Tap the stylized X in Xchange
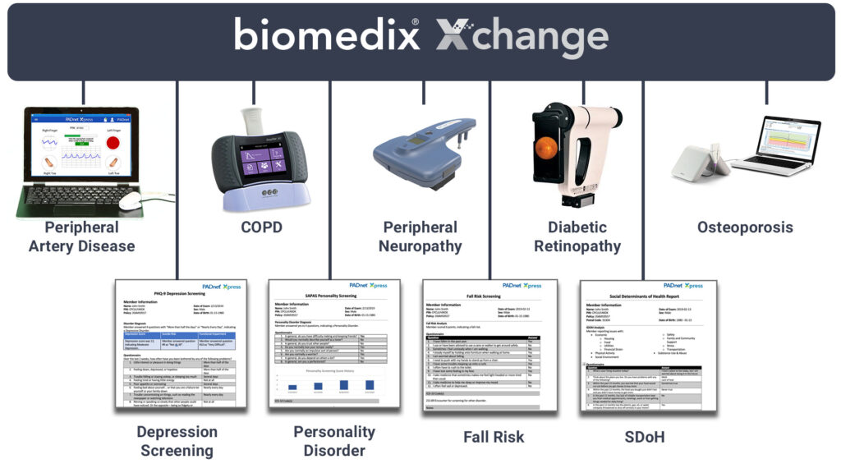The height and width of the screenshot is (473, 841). [455, 37]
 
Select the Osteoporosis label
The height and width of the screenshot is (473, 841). [745, 227]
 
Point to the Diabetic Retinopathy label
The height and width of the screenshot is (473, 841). [577, 236]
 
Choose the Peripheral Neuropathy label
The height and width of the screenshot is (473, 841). [420, 236]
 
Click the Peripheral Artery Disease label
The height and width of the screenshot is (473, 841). [82, 236]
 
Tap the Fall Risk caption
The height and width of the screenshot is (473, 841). [494, 436]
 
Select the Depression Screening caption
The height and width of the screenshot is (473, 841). [177, 441]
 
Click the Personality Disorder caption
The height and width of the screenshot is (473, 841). [334, 441]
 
